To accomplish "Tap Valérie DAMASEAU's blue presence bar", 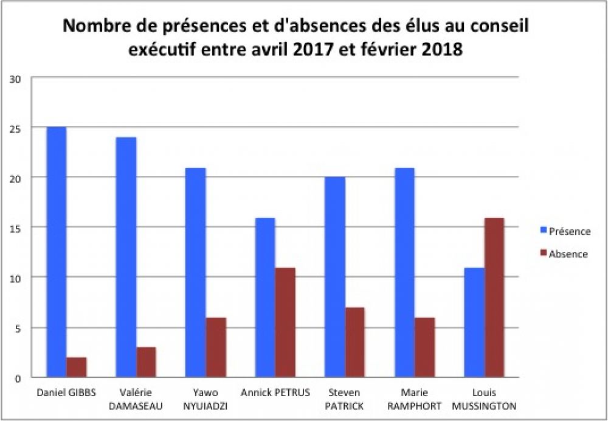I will pos(126,257).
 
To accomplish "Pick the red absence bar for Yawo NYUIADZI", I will pos(215,347).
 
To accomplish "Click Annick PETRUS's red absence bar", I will pos(285,322).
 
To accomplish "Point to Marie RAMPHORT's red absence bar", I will pos(424,347).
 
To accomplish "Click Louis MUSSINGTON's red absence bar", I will pos(494,297).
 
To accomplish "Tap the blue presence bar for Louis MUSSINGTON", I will pos(474,322).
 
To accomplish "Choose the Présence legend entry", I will pos(569,232).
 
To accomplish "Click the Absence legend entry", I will pos(568,254).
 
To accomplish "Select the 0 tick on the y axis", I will pos(18,378).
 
